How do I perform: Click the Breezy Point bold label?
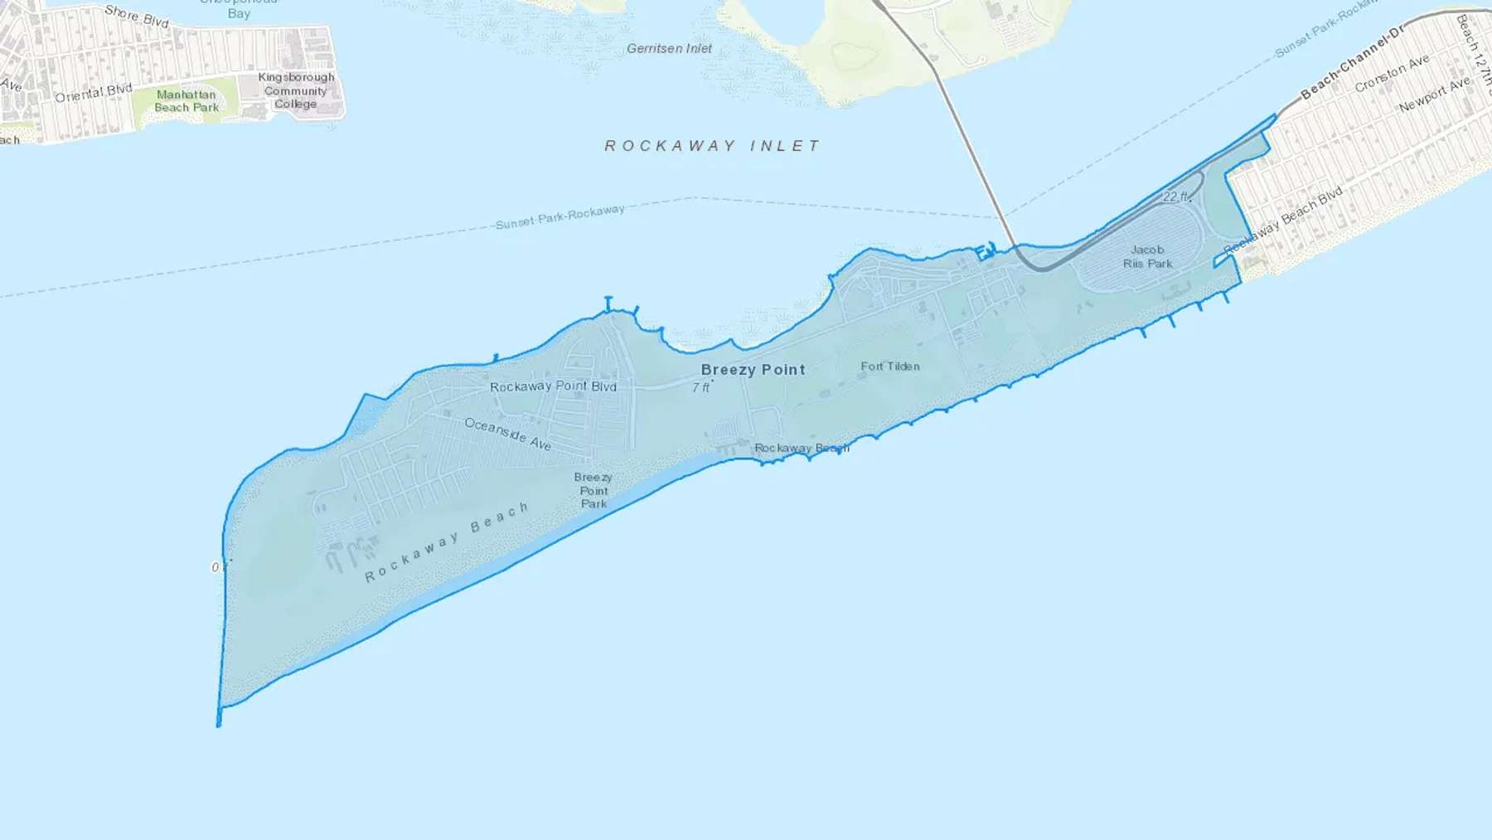[x=753, y=370]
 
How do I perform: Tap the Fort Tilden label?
[x=889, y=366]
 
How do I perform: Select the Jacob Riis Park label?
[x=1147, y=256]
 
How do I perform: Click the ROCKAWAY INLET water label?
[x=712, y=146]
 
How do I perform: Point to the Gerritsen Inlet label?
[x=669, y=49]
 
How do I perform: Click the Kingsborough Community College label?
[x=296, y=90]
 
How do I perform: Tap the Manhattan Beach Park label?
[x=186, y=101]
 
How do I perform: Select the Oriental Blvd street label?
[x=93, y=93]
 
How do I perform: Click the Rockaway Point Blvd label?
[x=553, y=386]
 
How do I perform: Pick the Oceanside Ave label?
[x=507, y=434]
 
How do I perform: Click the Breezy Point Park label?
[x=593, y=490]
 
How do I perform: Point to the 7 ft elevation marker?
[x=701, y=387]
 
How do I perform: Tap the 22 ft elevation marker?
[x=1176, y=197]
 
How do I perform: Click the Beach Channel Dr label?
[x=1352, y=63]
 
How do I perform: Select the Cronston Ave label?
[x=1392, y=74]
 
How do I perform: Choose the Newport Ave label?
[x=1434, y=95]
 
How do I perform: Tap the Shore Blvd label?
[x=137, y=16]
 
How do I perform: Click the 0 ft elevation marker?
[x=219, y=567]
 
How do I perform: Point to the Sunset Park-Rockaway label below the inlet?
[x=559, y=216]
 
